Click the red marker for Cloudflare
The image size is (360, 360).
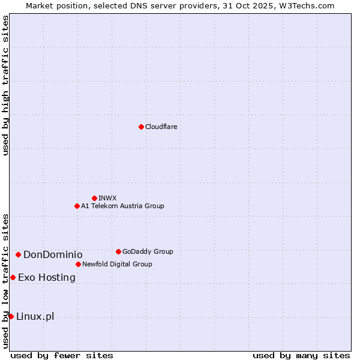[141, 127]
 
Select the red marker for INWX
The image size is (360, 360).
[94, 198]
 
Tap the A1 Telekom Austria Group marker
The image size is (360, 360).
[77, 206]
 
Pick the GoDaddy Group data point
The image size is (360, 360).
[118, 251]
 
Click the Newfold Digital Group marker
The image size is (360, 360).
[78, 264]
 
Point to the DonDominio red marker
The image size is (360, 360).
[18, 255]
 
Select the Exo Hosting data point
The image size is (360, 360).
[13, 277]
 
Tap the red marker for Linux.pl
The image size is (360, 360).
[11, 316]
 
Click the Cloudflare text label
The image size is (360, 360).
[161, 127]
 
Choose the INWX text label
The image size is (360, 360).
[107, 198]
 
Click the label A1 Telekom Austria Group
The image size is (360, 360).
[122, 206]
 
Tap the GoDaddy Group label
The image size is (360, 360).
[148, 251]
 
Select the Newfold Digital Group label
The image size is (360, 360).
[117, 264]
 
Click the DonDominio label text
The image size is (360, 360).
[53, 255]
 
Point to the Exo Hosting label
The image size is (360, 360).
[47, 277]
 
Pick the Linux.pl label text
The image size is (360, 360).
[35, 316]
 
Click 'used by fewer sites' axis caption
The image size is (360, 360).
[62, 355]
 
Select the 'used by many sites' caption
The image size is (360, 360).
[301, 355]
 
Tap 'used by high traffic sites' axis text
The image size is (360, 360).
[5, 85]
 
